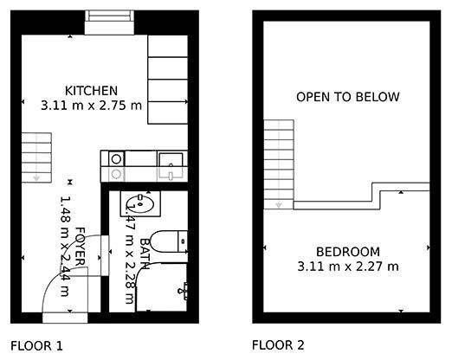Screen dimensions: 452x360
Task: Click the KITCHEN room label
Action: pos(91,91)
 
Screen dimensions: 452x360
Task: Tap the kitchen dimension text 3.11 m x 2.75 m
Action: pos(91,106)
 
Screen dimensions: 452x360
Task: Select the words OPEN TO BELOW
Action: pos(348,97)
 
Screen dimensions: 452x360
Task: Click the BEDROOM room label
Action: pos(348,252)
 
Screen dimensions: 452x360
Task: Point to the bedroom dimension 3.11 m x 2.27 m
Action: pos(348,267)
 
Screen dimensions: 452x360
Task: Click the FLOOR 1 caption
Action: pos(36,346)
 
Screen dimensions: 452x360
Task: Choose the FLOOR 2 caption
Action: pos(278,345)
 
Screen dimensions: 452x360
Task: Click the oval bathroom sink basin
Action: pos(140,203)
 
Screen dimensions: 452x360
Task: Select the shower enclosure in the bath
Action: pos(161,286)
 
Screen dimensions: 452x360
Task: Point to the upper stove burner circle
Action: pos(116,159)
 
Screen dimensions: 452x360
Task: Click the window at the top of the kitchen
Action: pos(109,22)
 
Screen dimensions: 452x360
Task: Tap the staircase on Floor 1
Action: pos(36,157)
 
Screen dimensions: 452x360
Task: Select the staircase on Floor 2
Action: pos(279,164)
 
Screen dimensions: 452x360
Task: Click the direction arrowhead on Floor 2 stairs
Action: pos(279,205)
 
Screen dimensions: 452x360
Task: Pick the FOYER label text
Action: pos(81,247)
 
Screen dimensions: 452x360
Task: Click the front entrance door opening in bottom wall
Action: pos(65,318)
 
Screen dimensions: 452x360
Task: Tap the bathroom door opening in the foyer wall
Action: pos(105,255)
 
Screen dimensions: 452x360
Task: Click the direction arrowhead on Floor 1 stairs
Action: pos(36,177)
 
